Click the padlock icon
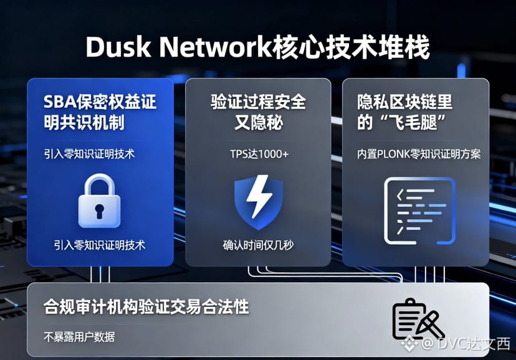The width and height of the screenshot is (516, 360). (99, 201)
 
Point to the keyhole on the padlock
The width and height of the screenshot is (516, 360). (99, 210)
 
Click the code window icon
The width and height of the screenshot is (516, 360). (419, 210)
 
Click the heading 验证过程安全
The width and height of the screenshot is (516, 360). (259, 102)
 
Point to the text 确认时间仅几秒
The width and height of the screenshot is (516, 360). (259, 245)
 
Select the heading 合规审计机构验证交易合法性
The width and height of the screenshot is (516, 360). (146, 306)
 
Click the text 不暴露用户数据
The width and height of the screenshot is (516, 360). (79, 336)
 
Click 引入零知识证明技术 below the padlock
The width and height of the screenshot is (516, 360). (99, 245)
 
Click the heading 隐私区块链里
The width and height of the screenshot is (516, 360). (404, 102)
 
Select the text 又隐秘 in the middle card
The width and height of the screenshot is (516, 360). (259, 123)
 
